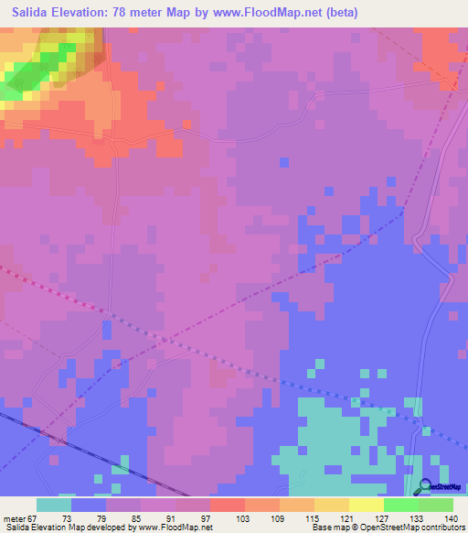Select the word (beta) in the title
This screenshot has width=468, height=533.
click(342, 12)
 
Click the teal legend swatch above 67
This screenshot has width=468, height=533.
click(54, 505)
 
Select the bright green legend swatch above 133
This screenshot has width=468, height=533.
click(400, 505)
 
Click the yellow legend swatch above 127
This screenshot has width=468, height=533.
click(366, 505)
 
